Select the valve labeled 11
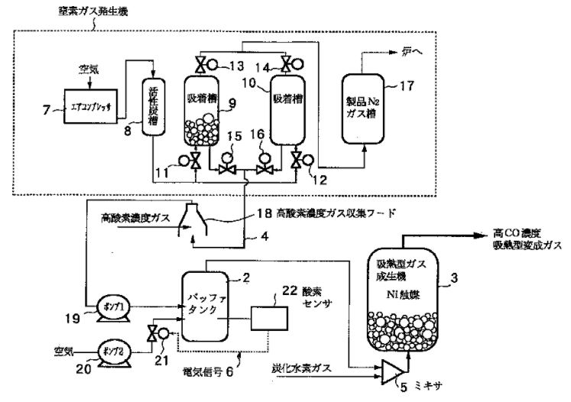coord(195,162)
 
